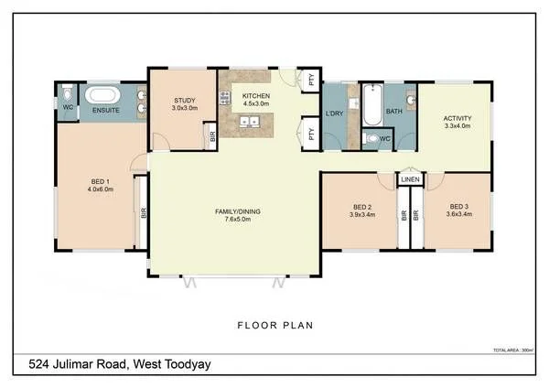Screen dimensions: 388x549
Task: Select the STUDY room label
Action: click(x=185, y=100)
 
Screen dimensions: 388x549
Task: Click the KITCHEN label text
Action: click(x=256, y=96)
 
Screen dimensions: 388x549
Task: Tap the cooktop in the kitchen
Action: click(x=224, y=97)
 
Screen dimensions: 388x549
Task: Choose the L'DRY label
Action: click(x=334, y=113)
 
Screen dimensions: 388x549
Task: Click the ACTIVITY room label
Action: click(x=457, y=118)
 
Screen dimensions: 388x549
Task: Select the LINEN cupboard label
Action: click(x=410, y=180)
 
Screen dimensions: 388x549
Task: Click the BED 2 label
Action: click(x=361, y=206)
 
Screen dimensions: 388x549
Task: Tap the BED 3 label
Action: click(x=457, y=206)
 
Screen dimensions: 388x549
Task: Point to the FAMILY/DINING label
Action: click(x=237, y=211)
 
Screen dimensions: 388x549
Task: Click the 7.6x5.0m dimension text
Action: click(x=237, y=220)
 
